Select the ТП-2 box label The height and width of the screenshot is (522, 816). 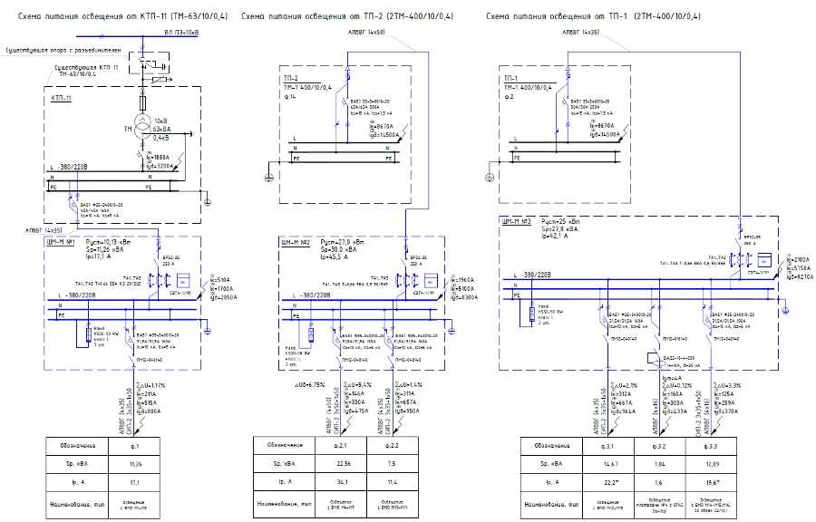291,79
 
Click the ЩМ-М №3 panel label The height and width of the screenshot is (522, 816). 513,220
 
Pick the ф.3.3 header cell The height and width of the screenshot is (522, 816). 710,446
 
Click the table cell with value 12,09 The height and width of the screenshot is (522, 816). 710,463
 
